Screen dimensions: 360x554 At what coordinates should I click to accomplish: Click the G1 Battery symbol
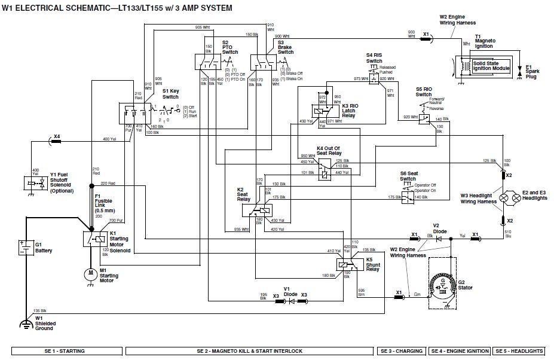click(x=25, y=246)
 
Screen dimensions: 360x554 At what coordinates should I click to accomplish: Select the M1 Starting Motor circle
click(x=90, y=273)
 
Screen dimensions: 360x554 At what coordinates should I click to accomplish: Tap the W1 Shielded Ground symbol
click(x=25, y=324)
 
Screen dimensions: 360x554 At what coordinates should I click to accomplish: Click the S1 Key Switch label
click(x=170, y=94)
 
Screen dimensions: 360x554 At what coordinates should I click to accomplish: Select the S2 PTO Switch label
click(x=229, y=47)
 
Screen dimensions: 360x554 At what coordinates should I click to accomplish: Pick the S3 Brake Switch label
click(x=285, y=47)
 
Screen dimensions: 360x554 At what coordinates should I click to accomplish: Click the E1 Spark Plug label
click(x=532, y=71)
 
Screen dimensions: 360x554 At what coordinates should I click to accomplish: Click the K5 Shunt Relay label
click(x=374, y=264)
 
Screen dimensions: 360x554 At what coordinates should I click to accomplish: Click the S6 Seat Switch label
click(x=408, y=176)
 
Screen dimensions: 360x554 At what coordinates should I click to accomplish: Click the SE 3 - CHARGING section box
click(x=401, y=351)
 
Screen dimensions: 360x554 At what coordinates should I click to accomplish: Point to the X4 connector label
click(x=57, y=136)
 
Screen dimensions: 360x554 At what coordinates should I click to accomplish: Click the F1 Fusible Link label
click(x=103, y=203)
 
